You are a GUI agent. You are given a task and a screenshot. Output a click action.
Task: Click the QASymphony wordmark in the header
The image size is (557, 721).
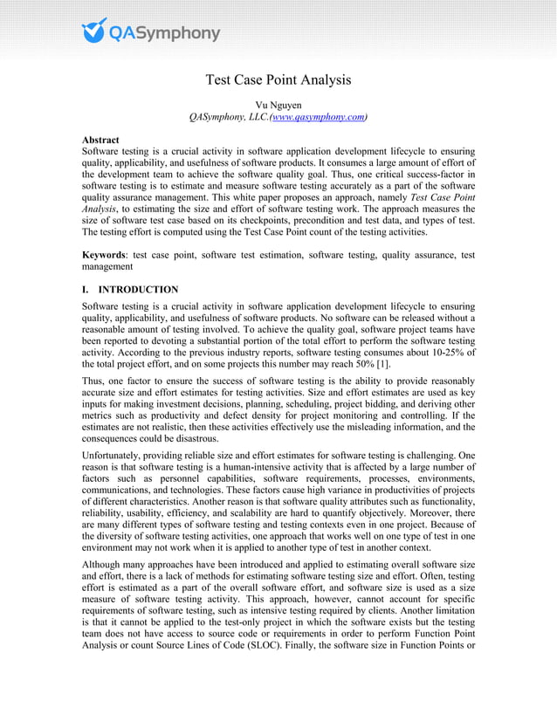click(x=164, y=33)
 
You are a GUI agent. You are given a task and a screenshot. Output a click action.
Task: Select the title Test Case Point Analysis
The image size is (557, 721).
click(x=278, y=80)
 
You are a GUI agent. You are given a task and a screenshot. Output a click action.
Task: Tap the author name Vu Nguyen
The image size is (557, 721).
click(x=278, y=105)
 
